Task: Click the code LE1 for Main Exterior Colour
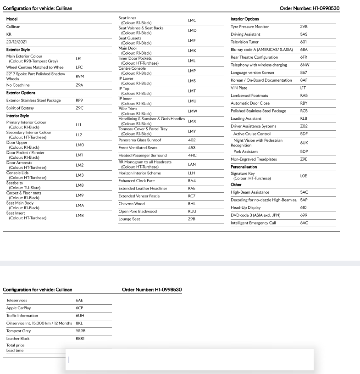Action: click(x=78, y=59)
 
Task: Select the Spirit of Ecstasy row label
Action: click(x=20, y=108)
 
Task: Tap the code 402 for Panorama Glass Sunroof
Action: click(x=192, y=140)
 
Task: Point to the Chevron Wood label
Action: click(x=132, y=204)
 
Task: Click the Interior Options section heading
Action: click(x=244, y=19)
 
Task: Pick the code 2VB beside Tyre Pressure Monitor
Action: click(x=304, y=27)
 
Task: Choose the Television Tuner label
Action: click(x=244, y=42)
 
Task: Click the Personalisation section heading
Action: click(x=244, y=167)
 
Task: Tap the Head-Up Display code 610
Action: click(x=303, y=207)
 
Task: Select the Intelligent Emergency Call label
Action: click(x=253, y=223)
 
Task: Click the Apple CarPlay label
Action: click(x=19, y=308)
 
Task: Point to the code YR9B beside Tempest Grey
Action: click(x=81, y=330)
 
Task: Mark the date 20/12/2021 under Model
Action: click(x=16, y=41)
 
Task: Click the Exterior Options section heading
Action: click(x=21, y=93)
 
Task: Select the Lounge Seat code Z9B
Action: click(x=192, y=219)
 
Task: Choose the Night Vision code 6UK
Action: click(x=304, y=143)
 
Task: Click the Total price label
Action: click(x=16, y=345)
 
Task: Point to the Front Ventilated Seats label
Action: click(x=138, y=148)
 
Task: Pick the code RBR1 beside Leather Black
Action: click(x=81, y=338)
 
